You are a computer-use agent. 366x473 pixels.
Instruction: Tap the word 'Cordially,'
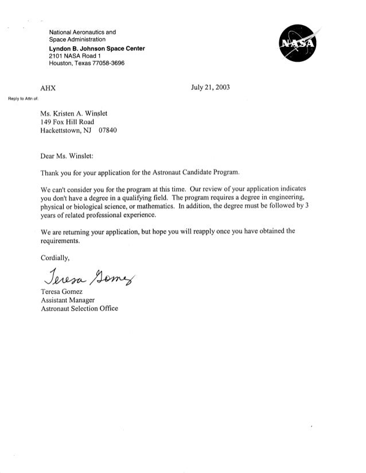tap(56, 257)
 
